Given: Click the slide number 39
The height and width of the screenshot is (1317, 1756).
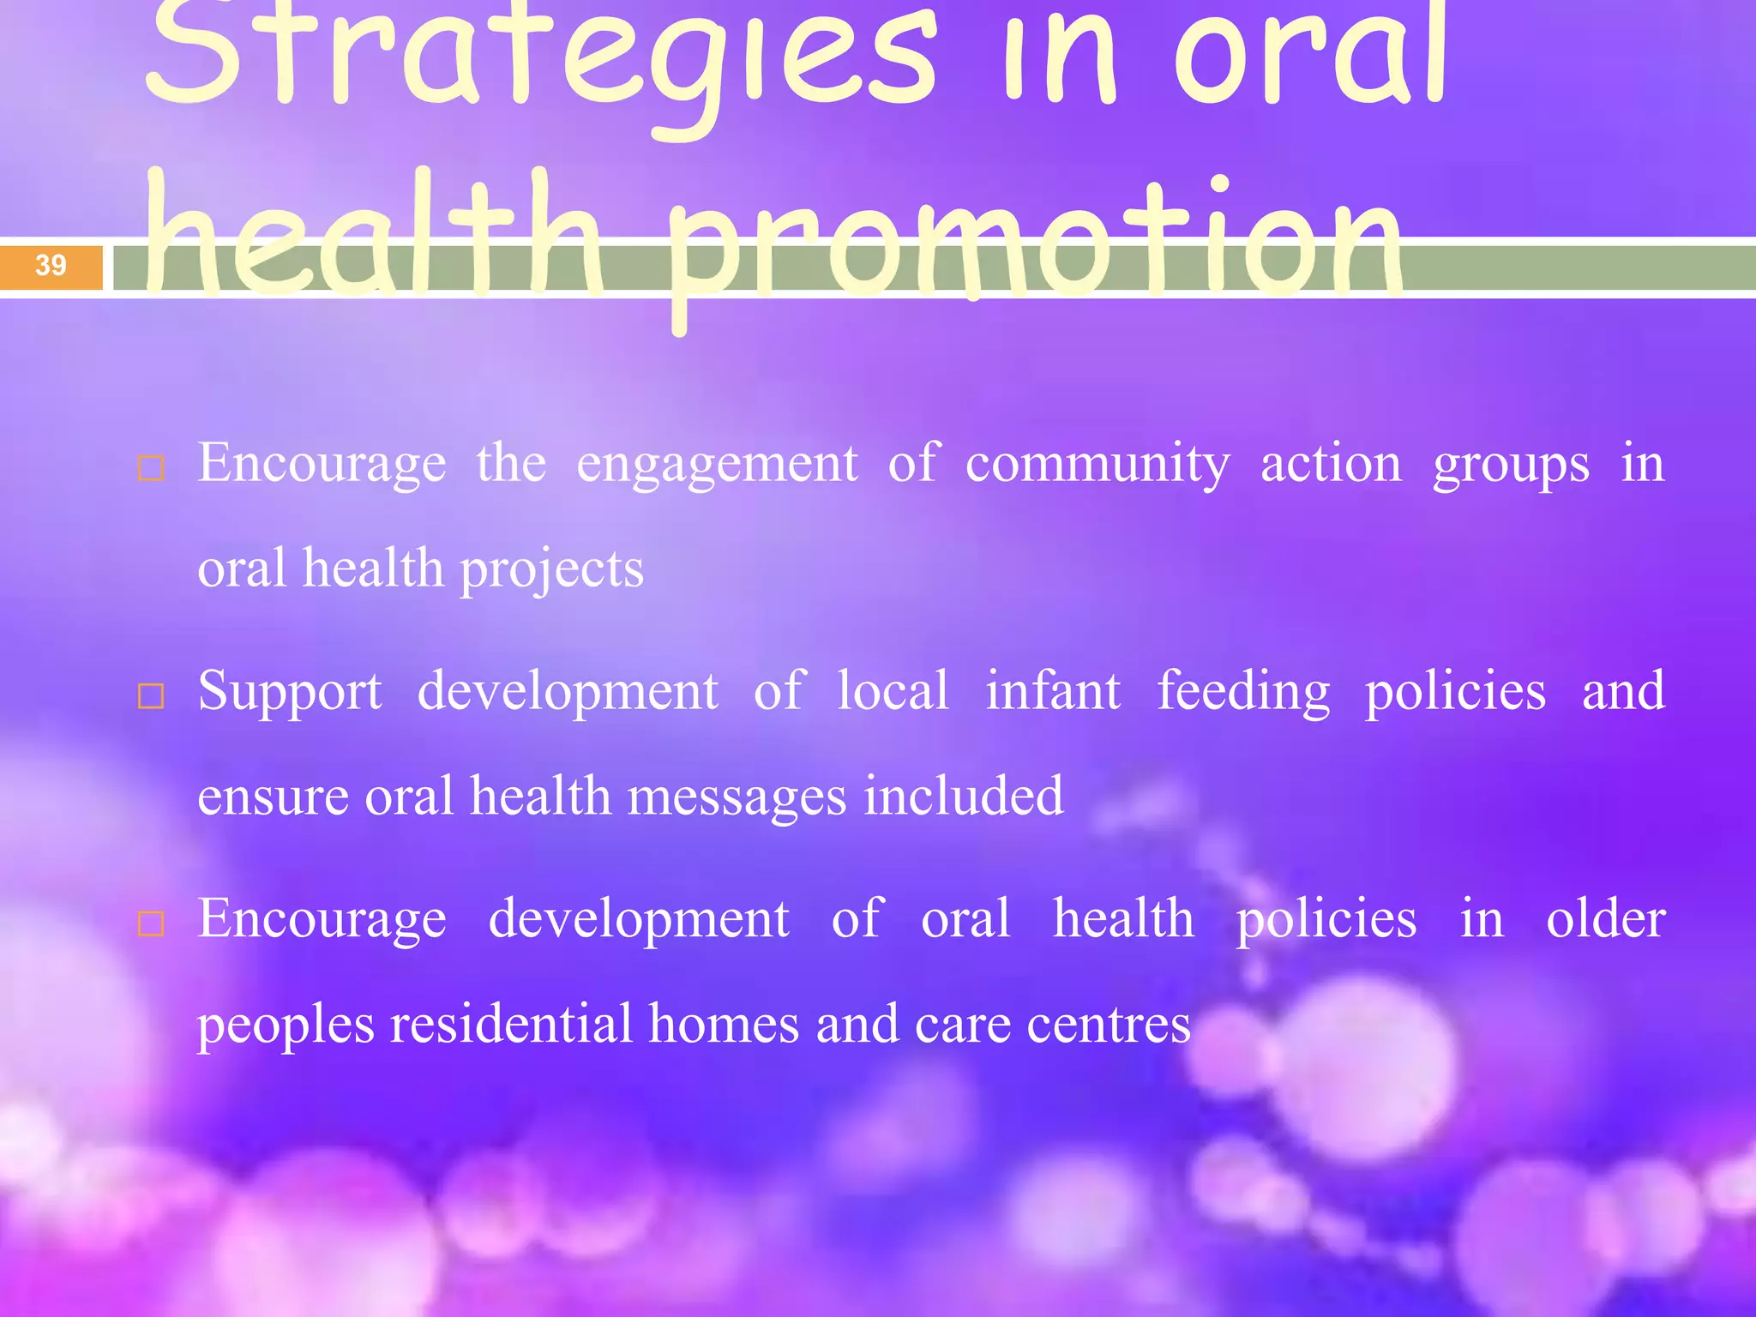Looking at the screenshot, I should coord(51,265).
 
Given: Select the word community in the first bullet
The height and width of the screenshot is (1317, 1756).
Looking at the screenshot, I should coord(1097,464).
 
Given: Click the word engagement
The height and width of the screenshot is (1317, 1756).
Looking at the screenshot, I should coord(717,464).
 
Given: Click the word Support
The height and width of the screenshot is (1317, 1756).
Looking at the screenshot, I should coord(290,692).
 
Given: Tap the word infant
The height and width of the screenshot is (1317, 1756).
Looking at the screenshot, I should coord(1053,691).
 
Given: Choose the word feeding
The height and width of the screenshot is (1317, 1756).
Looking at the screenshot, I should coord(1243,692).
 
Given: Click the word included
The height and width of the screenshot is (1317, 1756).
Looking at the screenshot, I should coord(964,796).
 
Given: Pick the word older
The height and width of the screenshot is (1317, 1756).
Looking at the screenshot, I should coord(1605,918).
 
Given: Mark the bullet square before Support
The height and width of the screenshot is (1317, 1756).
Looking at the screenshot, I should coord(151,696).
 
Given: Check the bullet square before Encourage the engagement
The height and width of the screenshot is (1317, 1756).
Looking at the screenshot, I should coord(151,468).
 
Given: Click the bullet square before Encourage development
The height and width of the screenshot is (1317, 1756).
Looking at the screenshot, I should coord(151,923).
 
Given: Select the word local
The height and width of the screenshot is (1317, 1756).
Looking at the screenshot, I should coord(893,691).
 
